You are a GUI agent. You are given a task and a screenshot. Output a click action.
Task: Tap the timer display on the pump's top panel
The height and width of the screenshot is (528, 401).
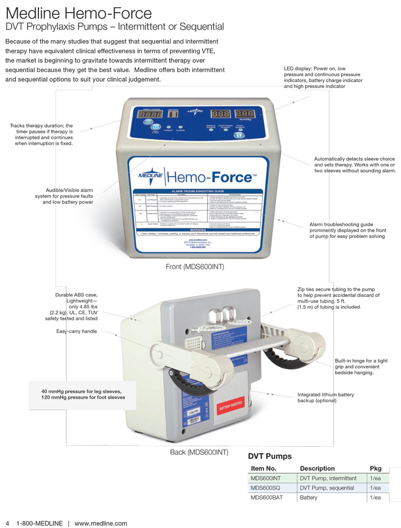[x=149, y=115]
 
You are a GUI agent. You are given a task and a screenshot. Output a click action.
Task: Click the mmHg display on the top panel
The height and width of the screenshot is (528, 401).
[x=245, y=114]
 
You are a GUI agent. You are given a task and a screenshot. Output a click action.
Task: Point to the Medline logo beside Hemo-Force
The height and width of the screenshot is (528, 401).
[x=151, y=176]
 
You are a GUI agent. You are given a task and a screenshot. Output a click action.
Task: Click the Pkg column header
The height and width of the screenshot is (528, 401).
[x=375, y=469]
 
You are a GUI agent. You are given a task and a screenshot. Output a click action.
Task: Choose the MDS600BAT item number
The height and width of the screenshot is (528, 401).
[x=267, y=498]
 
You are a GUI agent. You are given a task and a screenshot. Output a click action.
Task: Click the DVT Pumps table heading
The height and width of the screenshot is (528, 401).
[x=270, y=456]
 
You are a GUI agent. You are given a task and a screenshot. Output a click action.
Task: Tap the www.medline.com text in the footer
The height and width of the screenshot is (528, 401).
[x=101, y=523]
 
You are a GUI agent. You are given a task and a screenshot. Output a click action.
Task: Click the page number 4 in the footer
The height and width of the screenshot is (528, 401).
[x=7, y=523]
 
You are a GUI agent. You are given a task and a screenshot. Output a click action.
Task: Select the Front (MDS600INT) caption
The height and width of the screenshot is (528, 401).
[x=194, y=267]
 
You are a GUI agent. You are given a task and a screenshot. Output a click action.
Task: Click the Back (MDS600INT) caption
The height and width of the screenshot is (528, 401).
[x=199, y=452]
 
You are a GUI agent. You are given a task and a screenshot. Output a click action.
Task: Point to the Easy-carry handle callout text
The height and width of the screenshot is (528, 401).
[x=76, y=331]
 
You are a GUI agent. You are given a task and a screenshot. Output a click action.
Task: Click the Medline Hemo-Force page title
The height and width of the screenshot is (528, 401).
[x=78, y=13]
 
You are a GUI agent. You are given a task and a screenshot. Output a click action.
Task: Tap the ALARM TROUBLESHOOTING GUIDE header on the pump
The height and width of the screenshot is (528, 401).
[x=197, y=191]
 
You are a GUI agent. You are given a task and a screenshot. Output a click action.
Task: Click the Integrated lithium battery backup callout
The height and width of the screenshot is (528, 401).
[x=325, y=398]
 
